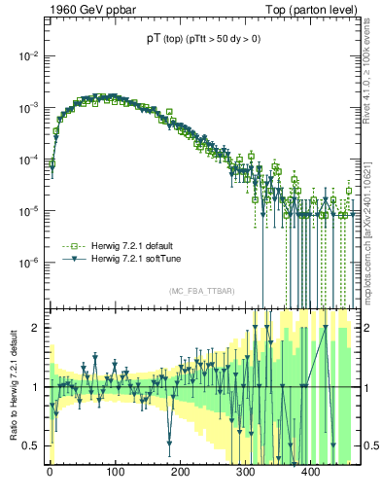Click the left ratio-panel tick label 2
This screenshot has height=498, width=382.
(38, 328)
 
